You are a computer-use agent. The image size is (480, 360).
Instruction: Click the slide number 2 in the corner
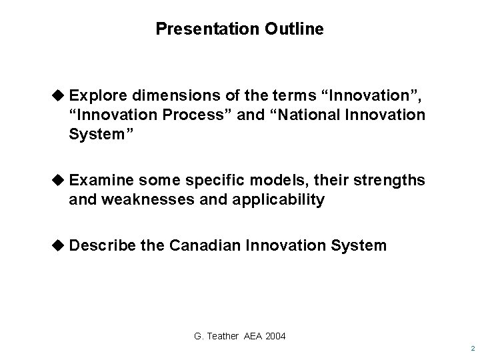click(471, 349)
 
